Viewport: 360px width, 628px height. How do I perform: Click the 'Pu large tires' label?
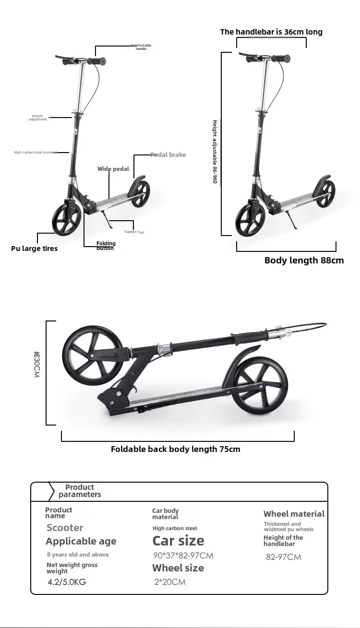click(34, 249)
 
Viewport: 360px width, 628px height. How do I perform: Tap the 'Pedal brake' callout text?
click(168, 154)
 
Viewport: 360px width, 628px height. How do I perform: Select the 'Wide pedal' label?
click(113, 169)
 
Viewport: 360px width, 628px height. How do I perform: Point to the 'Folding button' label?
click(106, 246)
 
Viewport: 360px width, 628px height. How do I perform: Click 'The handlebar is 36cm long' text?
click(271, 32)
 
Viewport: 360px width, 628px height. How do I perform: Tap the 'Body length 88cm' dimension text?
click(304, 261)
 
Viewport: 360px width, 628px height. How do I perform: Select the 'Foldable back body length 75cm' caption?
click(175, 449)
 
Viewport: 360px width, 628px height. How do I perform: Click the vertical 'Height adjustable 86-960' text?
click(215, 152)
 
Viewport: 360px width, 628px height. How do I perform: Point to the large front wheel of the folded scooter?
click(92, 355)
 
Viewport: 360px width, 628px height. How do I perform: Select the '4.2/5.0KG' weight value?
click(67, 582)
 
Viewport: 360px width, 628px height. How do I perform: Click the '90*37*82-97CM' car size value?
click(183, 556)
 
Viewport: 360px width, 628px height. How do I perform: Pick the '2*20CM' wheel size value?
click(169, 582)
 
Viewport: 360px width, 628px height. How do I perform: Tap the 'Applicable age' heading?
click(81, 541)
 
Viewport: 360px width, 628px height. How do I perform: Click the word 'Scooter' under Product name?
click(65, 528)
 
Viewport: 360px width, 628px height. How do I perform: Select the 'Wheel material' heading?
click(294, 514)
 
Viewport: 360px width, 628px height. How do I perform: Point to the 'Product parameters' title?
click(80, 490)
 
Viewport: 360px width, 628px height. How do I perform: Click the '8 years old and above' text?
click(78, 555)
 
